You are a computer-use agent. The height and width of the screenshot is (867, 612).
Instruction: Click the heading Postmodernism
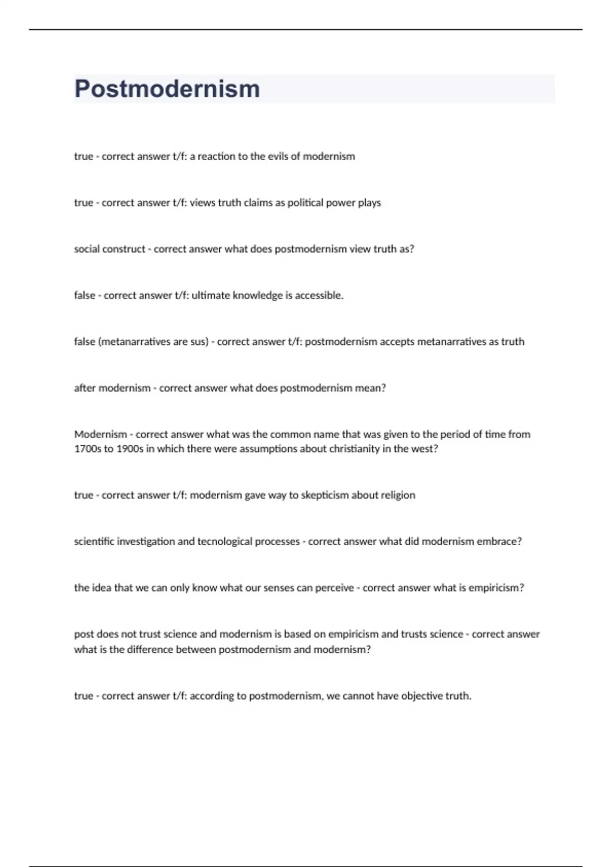167,89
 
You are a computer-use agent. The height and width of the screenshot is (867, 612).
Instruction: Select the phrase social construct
109,249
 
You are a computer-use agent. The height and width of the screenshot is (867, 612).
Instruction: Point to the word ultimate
211,295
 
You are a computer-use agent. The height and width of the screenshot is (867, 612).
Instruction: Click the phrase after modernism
112,388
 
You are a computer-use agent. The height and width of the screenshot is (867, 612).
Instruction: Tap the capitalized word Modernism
100,435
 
